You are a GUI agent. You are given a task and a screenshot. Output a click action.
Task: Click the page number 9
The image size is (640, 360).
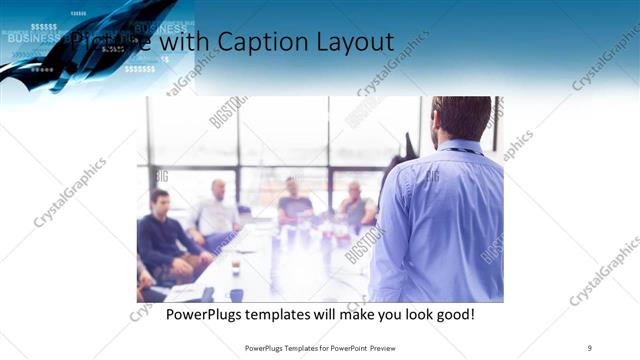click(589, 347)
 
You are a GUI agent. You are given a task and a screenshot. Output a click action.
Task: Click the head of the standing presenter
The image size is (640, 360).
click(461, 118)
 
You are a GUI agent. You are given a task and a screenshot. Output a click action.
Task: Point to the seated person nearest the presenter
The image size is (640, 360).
click(356, 206)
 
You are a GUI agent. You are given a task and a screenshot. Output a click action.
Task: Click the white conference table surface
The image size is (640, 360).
click(270, 265)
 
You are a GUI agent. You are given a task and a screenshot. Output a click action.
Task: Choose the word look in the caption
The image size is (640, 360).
click(404, 315)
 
